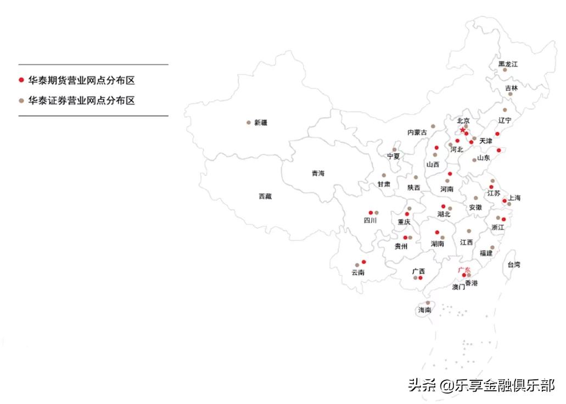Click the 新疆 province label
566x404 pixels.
click(261, 123)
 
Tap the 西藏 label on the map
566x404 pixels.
click(265, 196)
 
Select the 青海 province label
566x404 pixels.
click(318, 173)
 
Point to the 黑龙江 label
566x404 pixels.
click(508, 64)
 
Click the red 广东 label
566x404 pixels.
click(464, 270)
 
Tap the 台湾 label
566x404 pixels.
click(513, 264)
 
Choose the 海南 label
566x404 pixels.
click(425, 310)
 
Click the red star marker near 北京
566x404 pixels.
click(461, 130)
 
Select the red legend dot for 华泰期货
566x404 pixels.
click(21, 80)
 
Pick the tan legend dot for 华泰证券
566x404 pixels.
click(21, 101)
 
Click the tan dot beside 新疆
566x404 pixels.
click(248, 123)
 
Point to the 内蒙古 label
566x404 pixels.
click(417, 132)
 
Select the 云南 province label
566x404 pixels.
click(358, 272)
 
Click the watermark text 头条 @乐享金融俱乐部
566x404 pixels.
click(481, 385)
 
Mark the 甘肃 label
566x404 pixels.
click(384, 184)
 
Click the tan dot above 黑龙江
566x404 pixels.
click(505, 70)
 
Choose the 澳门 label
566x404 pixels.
click(458, 286)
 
